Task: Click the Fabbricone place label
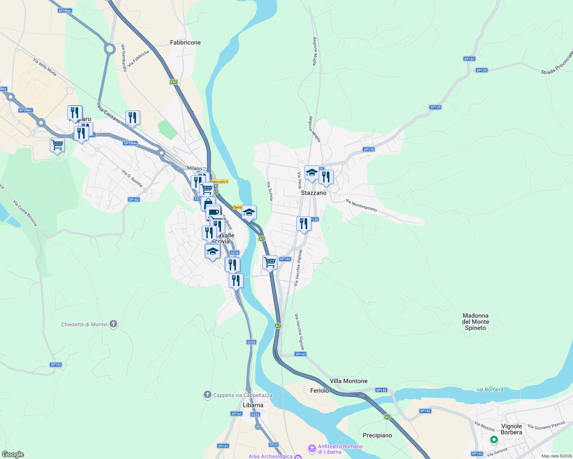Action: coord(185,42)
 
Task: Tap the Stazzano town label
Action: coord(314,193)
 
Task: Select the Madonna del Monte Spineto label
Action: coord(475,322)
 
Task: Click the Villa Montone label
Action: coord(349,381)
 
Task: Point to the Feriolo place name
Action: coord(319,391)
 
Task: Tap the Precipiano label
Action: coord(377,435)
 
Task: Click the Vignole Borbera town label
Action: coord(511,429)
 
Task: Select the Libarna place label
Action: coord(253,405)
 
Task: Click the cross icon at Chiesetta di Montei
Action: coord(113,324)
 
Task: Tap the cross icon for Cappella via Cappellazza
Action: coord(208,395)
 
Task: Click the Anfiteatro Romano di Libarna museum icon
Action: coord(312,448)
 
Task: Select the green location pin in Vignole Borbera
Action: coord(494,440)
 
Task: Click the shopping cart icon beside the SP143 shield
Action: coord(270,262)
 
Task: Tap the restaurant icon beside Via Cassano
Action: coord(133,118)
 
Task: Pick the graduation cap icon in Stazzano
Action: coord(312,173)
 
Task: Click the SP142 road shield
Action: coord(469,59)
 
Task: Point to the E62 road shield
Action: coord(174,82)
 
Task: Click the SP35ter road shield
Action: coord(65,11)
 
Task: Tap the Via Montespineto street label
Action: coord(361,205)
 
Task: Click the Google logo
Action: coord(13,454)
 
